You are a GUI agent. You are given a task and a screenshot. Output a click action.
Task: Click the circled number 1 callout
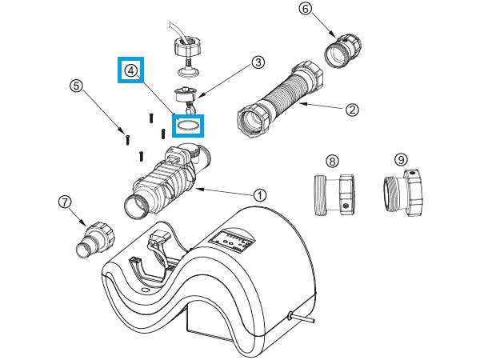(x=260, y=194)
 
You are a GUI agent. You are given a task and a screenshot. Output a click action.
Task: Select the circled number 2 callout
(x=352, y=110)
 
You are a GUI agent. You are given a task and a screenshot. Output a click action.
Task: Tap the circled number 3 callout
(x=258, y=62)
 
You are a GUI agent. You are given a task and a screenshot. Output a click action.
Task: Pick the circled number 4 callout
(x=130, y=70)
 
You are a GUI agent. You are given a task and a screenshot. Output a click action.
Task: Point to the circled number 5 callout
(x=76, y=86)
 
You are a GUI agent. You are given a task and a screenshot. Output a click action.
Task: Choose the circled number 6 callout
(x=306, y=9)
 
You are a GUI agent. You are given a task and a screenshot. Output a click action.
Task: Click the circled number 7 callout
(x=65, y=202)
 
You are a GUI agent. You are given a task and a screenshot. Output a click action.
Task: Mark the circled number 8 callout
(x=333, y=161)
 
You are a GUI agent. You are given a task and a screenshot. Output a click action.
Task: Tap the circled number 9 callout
(x=401, y=159)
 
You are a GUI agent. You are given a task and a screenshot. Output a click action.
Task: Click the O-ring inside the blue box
(x=188, y=126)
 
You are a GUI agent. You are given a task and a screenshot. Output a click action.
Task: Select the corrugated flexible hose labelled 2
(x=280, y=99)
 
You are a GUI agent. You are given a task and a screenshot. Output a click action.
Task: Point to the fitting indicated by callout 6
(x=343, y=50)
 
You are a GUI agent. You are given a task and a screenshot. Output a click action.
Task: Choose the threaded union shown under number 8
(x=334, y=195)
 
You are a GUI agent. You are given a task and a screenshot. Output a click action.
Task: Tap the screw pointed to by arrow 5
(x=127, y=139)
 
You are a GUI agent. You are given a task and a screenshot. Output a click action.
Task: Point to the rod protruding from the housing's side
(x=302, y=318)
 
